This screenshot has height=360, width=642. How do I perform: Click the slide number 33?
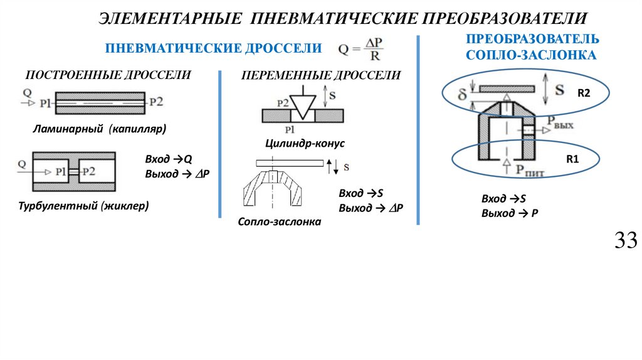(x=626, y=240)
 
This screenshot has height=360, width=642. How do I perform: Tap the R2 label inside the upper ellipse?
(x=584, y=93)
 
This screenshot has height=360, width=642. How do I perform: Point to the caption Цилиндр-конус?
(x=305, y=143)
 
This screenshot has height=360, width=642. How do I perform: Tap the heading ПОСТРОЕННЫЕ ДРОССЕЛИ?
(x=108, y=75)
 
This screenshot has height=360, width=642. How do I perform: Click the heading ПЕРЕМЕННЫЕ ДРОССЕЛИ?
(x=321, y=76)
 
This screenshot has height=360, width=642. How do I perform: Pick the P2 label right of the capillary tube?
(x=156, y=101)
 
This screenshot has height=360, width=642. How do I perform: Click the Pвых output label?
(x=560, y=122)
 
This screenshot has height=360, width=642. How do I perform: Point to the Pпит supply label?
(x=530, y=167)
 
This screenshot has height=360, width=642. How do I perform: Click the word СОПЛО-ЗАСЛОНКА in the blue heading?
(x=531, y=55)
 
